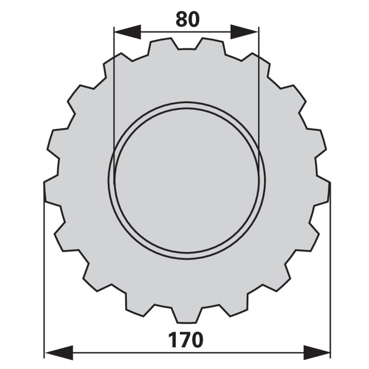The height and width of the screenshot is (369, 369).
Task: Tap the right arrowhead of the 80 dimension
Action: click(x=245, y=32)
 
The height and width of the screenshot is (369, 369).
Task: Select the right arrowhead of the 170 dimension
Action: click(x=317, y=351)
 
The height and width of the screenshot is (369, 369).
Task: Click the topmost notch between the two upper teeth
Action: click(x=187, y=46)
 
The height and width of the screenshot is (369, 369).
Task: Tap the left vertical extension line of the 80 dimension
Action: click(x=113, y=92)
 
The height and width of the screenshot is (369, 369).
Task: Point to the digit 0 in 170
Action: click(x=196, y=340)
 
